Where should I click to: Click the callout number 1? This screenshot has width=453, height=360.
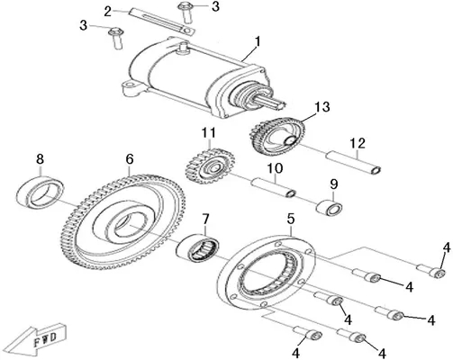tap(258, 42)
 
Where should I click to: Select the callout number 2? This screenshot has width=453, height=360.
tap(108, 12)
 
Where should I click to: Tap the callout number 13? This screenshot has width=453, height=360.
tap(322, 107)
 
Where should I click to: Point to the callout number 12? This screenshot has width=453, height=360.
tap(358, 143)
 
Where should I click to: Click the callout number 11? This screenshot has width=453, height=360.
tap(209, 132)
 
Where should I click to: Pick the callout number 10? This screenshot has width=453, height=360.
tap(276, 168)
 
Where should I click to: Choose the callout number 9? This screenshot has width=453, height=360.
tap(334, 184)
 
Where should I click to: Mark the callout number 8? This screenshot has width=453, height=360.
tap(40, 159)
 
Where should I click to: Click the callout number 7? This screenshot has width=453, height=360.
tap(205, 220)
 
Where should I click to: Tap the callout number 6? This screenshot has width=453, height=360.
tap(130, 159)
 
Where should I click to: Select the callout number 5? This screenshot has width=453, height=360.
tap(291, 220)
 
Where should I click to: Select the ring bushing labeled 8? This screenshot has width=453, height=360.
tap(40, 193)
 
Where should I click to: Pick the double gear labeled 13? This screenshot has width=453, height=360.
tap(276, 135)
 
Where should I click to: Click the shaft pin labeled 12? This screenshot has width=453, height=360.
tap(354, 163)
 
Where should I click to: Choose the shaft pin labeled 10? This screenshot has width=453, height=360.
tap(274, 188)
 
